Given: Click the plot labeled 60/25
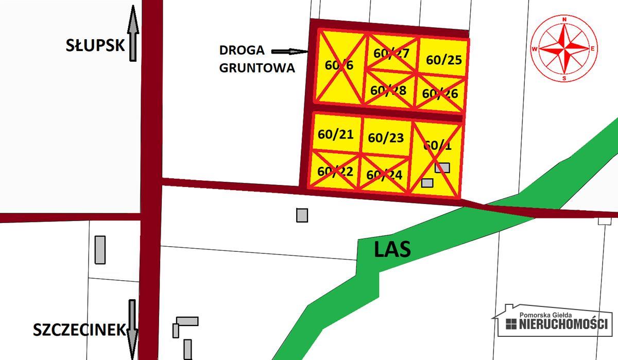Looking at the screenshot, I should (x=443, y=60).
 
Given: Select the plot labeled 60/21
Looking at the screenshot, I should (x=335, y=134).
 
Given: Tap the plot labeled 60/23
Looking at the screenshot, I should (x=386, y=138).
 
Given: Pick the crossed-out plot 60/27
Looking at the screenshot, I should (x=391, y=53).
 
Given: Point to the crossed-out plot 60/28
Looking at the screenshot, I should (x=389, y=90).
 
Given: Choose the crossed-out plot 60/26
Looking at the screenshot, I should (x=440, y=93).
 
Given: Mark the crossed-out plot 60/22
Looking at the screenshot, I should (x=335, y=170).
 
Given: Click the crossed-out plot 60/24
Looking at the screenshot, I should (x=384, y=175).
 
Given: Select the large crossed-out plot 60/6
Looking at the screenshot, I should (x=339, y=65).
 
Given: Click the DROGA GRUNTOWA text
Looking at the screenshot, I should (x=256, y=59).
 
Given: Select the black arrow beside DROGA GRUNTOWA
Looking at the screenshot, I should (x=289, y=52).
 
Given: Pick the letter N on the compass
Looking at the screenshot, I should (x=564, y=20).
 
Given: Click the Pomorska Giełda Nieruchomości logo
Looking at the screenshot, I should (x=552, y=320).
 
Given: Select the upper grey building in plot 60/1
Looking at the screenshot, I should (x=442, y=167).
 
